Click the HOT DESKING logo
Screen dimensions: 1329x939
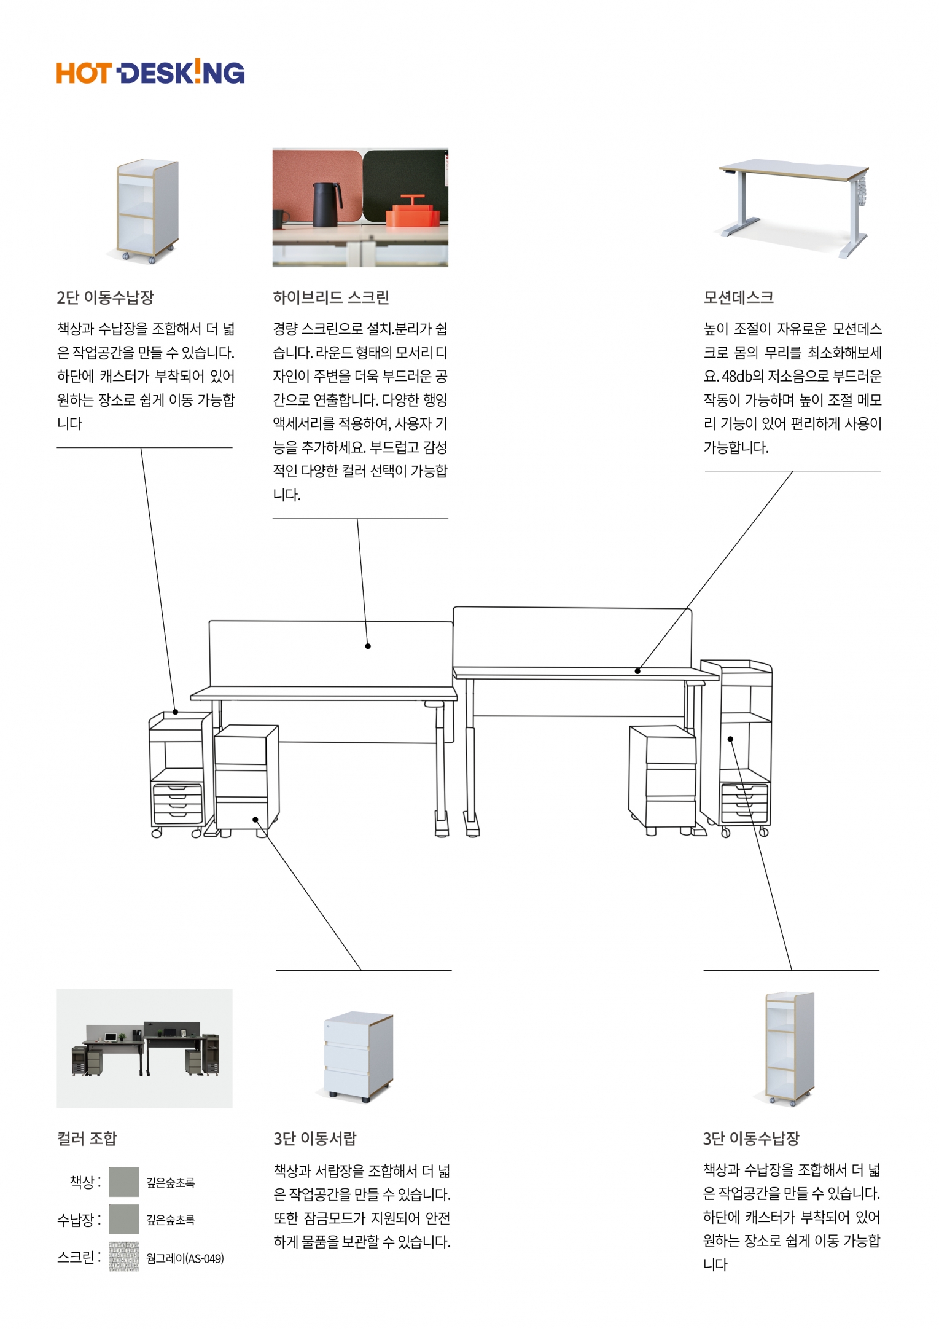[x=150, y=73]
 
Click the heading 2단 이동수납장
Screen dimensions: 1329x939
[x=105, y=297]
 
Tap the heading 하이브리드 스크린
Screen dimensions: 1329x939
[x=331, y=297]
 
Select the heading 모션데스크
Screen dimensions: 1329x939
[x=738, y=297]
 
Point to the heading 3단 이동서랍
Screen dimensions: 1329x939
[x=314, y=1139]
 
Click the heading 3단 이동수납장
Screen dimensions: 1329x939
[x=751, y=1139]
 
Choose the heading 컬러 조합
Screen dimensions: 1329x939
[x=87, y=1139]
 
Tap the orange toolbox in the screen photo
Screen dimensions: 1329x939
[x=413, y=211]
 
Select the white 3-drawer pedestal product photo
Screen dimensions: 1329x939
[x=357, y=1056]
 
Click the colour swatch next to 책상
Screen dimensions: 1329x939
[x=124, y=1182]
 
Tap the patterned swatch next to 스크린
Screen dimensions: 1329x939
[x=124, y=1257]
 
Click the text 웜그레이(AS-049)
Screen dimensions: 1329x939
[x=185, y=1258]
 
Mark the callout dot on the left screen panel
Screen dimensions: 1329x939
[x=368, y=646]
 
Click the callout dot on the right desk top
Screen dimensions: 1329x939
[x=637, y=671]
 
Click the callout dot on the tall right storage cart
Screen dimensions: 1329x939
[x=730, y=739]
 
